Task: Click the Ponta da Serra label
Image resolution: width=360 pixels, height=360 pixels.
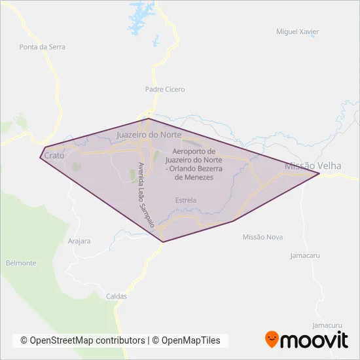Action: [x=43, y=47]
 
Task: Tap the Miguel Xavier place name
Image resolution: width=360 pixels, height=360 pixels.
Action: [x=298, y=31]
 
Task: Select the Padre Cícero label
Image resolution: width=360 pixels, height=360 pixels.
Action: [x=165, y=89]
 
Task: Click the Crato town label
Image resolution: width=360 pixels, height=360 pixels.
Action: [x=54, y=156]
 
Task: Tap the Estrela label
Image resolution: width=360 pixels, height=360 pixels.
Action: [x=186, y=200]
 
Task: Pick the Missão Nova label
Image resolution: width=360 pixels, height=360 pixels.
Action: [x=262, y=237]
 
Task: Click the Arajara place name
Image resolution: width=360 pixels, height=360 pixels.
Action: [x=79, y=241]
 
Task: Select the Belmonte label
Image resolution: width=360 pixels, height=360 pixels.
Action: [x=21, y=263]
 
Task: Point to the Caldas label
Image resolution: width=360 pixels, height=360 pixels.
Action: [x=116, y=297]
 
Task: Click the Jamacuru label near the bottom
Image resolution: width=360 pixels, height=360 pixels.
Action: [x=327, y=325]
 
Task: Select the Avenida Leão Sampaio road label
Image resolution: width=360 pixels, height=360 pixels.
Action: [x=147, y=195]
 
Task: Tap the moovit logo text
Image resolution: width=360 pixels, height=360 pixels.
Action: [x=314, y=340]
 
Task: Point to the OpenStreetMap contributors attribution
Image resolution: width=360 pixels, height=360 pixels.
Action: [x=82, y=340]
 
